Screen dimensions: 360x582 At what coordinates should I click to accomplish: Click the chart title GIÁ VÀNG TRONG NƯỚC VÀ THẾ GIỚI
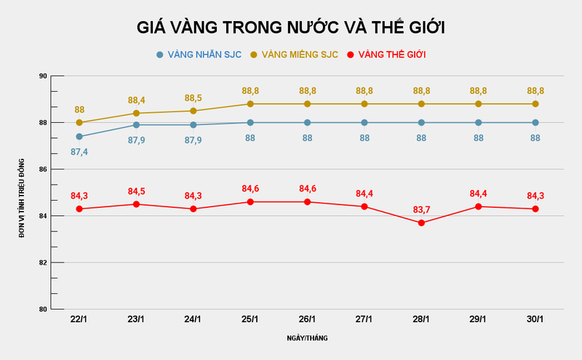[x=291, y=28]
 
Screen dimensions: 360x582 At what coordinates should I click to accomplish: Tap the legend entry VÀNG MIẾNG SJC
[x=294, y=55]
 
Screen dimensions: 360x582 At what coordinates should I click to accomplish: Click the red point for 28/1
[x=421, y=223]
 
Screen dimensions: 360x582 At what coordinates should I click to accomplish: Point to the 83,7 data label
[x=421, y=209]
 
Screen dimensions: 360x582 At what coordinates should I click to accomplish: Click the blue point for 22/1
[x=79, y=136]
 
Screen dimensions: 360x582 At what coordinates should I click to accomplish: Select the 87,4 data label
[x=79, y=152]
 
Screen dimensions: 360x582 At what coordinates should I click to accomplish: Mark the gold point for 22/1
[x=79, y=122]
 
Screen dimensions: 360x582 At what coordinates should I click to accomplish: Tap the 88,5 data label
[x=194, y=97]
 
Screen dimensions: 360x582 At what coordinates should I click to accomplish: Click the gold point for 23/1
[x=136, y=113]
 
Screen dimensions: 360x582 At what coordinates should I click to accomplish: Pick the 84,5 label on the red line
[x=136, y=191]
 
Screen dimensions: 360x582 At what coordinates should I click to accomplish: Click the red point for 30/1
[x=535, y=209]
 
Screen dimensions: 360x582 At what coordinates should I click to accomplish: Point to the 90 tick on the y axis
[x=43, y=76]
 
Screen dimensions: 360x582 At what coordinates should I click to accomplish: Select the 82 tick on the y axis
[x=43, y=263]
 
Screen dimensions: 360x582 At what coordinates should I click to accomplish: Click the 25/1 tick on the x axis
[x=250, y=319]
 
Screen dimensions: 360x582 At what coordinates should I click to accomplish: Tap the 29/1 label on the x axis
[x=478, y=319]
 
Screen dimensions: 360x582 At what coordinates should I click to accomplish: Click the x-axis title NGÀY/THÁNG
[x=307, y=338]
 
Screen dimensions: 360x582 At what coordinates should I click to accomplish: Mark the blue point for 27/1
[x=364, y=122]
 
